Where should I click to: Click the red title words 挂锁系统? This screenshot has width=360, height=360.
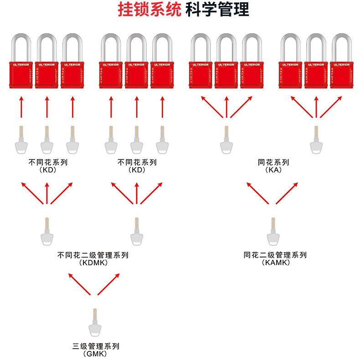point(149,10)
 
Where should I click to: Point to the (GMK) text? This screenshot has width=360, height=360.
point(95,354)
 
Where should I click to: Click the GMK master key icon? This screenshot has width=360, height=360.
point(95,324)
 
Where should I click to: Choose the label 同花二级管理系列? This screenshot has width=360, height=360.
point(275,255)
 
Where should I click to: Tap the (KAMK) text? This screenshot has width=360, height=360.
point(275,263)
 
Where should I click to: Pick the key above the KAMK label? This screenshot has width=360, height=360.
point(273,233)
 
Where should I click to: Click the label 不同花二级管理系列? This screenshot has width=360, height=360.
point(93,255)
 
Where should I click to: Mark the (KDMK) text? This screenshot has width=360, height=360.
point(93,263)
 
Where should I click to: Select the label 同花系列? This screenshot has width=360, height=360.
point(273,162)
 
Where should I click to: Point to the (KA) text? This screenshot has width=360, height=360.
point(273,170)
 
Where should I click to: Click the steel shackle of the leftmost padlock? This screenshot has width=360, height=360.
point(21,46)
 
